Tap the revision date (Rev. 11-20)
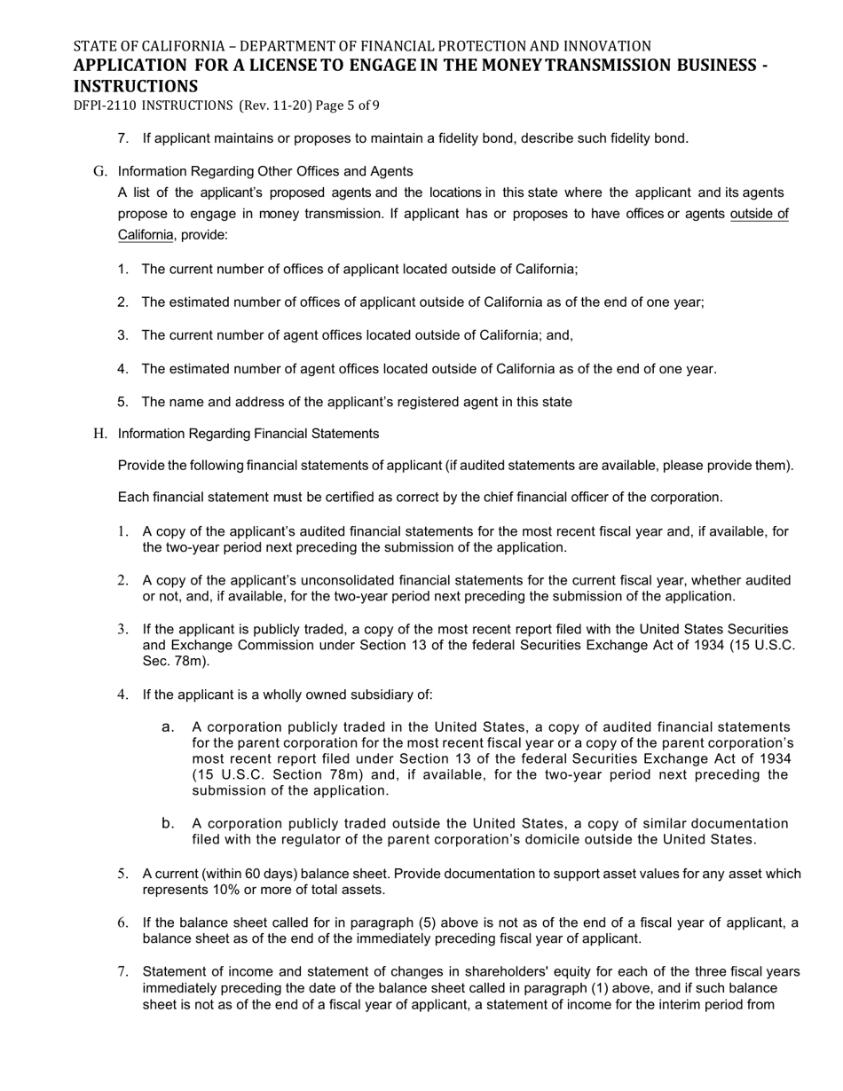274,106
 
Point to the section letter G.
98,171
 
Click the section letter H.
99,434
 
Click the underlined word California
146,235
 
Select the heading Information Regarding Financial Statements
248,434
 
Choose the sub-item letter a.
168,727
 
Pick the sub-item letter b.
168,824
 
